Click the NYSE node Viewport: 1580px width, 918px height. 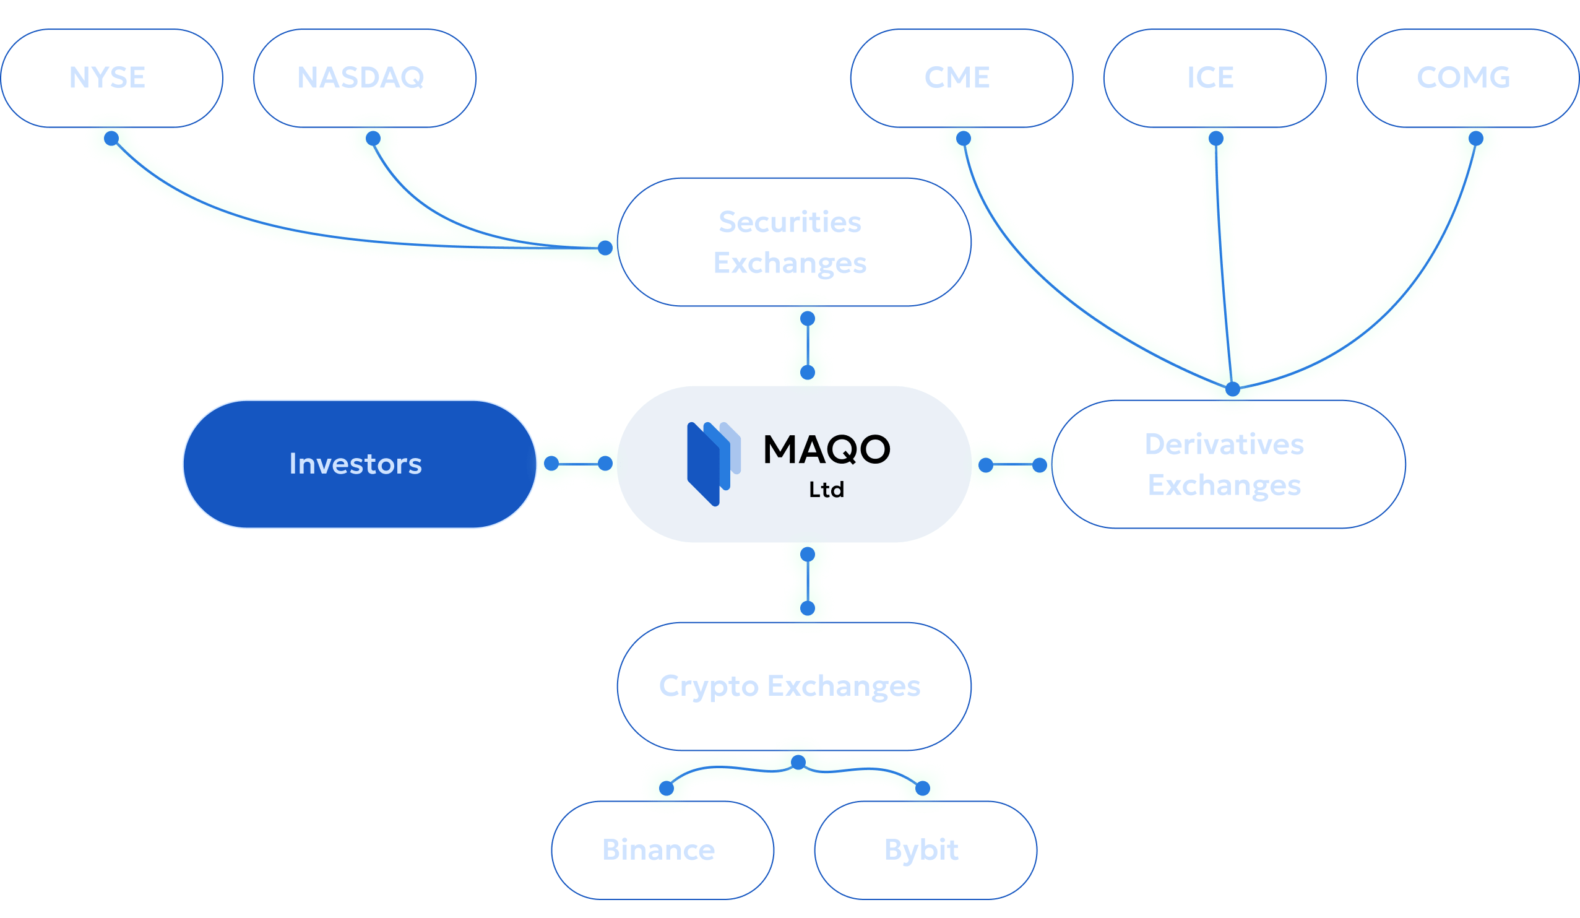111,78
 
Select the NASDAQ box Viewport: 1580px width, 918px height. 365,78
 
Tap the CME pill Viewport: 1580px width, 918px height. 961,78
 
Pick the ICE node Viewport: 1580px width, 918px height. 1214,78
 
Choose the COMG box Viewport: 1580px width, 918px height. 1468,78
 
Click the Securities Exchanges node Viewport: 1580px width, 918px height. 794,242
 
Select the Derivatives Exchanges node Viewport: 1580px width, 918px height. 1228,464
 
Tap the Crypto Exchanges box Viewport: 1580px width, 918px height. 794,686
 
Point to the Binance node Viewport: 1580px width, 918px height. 662,851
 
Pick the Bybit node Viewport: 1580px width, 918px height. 925,851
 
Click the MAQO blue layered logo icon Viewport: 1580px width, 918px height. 713,464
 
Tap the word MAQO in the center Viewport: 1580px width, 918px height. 826,449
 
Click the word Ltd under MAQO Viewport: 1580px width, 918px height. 826,490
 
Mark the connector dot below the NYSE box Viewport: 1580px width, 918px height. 111,139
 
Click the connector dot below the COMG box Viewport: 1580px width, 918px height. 1476,139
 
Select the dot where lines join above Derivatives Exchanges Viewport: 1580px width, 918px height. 1233,389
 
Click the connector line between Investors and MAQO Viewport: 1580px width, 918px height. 578,464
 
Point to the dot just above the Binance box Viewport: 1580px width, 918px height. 667,789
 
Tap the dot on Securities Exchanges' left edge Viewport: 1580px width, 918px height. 605,248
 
